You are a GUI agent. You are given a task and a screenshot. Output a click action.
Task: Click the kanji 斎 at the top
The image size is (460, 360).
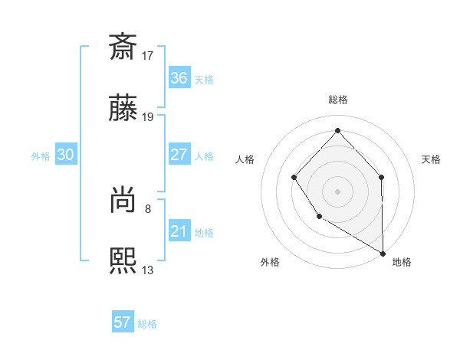[x=123, y=47]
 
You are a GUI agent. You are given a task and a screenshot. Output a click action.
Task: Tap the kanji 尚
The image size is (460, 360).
[x=123, y=201]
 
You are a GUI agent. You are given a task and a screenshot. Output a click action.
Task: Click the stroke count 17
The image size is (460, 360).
[x=148, y=55]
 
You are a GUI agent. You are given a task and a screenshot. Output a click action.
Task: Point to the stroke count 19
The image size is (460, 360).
[x=148, y=117]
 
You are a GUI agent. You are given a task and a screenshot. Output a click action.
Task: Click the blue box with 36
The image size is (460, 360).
[x=179, y=78]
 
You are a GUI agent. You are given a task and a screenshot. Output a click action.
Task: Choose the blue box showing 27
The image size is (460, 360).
[x=179, y=155]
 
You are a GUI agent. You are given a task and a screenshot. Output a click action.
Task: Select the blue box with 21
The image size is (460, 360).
[x=179, y=231]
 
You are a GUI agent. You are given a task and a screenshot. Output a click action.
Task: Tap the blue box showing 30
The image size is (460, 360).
[x=66, y=155]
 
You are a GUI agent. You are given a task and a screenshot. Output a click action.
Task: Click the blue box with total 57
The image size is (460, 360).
[x=123, y=322]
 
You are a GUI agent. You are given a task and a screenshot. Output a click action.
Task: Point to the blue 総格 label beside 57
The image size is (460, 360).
[x=147, y=324]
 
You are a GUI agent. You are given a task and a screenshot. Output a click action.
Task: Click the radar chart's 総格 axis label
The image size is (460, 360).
[x=337, y=100]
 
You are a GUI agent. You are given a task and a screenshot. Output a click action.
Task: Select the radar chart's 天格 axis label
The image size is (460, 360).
[x=432, y=159]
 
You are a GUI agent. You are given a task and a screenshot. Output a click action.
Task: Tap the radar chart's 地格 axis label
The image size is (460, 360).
[x=402, y=262]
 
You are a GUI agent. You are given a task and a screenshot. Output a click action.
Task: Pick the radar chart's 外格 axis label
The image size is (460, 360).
[x=270, y=262]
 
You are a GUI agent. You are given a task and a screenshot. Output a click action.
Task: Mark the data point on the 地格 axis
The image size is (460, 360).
[x=383, y=254]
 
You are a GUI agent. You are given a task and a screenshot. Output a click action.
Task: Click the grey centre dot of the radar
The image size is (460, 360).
[x=337, y=191]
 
